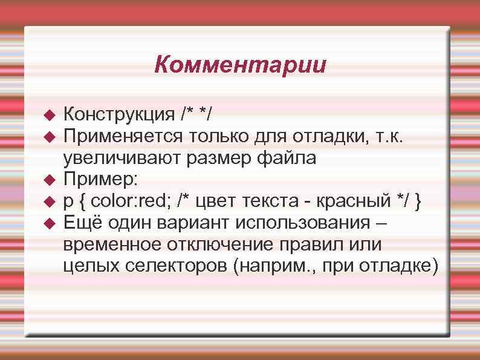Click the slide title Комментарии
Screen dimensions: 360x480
click(x=240, y=64)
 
